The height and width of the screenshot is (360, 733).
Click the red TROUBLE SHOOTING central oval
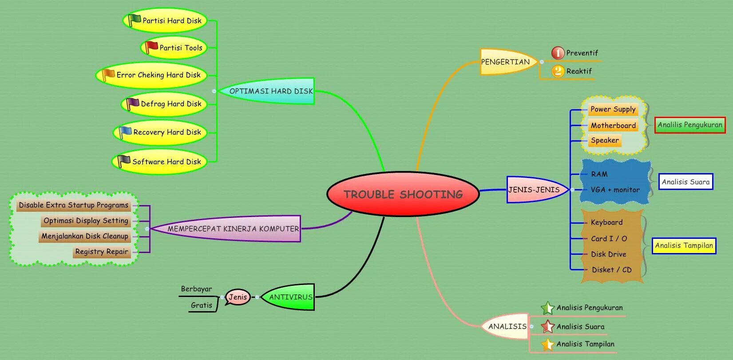point(403,194)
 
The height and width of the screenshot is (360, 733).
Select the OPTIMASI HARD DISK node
point(271,91)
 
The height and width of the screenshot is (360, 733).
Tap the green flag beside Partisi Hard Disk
point(134,20)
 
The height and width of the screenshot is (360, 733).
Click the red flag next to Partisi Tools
point(151,47)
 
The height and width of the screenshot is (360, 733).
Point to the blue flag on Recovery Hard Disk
point(125,132)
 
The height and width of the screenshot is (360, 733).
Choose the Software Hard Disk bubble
point(160,162)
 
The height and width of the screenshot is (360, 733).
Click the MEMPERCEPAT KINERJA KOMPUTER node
point(233,229)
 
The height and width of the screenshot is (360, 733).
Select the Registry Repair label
point(102,252)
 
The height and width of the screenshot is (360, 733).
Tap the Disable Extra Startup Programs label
point(74,205)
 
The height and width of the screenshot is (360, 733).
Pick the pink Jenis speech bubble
point(238,297)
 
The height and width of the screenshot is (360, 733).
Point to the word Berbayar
point(196,289)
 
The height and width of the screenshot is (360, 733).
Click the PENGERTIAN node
point(506,62)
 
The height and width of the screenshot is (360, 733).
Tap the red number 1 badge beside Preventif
point(558,53)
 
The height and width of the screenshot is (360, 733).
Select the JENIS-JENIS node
point(534,190)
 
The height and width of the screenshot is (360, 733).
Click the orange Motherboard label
point(613,126)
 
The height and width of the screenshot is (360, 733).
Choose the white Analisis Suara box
point(685,182)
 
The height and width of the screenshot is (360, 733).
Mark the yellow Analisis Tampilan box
point(684,245)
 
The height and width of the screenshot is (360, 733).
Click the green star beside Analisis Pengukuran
point(547,308)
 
